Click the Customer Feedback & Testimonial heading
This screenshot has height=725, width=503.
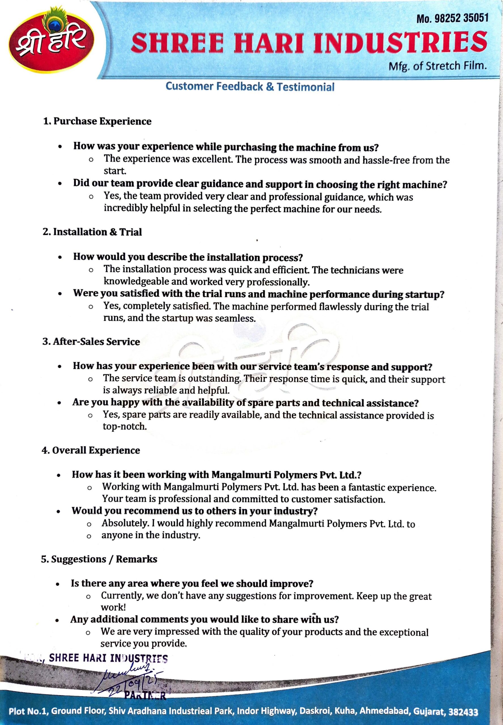click(250, 87)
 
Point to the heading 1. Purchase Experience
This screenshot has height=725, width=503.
click(97, 121)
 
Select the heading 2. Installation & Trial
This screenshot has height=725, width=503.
click(92, 232)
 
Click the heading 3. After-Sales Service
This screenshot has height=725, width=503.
click(92, 342)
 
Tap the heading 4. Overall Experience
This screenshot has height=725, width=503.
click(91, 450)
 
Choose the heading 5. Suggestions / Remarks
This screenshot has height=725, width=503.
click(99, 559)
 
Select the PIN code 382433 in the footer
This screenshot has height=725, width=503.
click(463, 712)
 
